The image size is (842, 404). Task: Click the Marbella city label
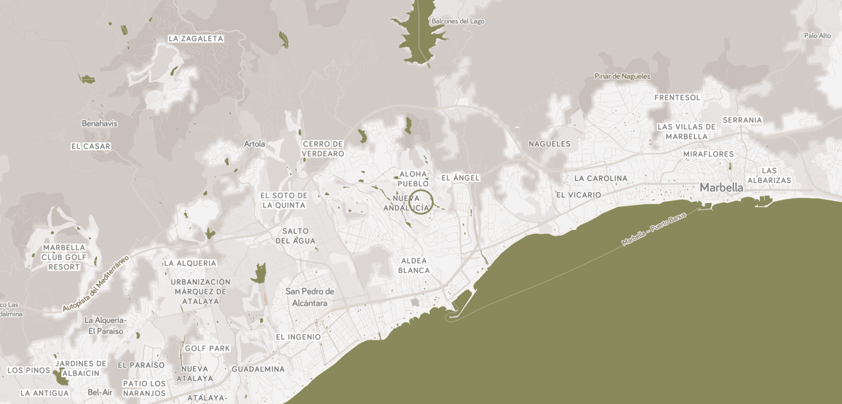(x=721, y=188)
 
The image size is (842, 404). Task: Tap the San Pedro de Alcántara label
(x=310, y=297)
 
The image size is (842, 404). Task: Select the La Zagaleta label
(x=195, y=39)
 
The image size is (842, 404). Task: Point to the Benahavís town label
(x=100, y=123)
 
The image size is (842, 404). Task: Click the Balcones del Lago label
(x=458, y=21)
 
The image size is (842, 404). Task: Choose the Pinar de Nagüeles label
(x=622, y=76)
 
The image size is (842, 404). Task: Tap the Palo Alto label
(x=817, y=35)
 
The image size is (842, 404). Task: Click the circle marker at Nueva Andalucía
(x=421, y=202)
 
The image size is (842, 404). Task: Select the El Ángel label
(x=460, y=177)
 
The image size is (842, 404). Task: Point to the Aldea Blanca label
(x=414, y=266)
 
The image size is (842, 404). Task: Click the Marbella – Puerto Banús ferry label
(x=654, y=229)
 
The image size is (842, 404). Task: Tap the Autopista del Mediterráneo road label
(x=96, y=283)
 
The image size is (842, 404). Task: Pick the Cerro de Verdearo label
(x=323, y=149)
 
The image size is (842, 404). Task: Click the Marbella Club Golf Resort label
(x=64, y=257)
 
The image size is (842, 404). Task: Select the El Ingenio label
(x=298, y=337)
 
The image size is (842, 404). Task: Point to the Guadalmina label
(x=258, y=369)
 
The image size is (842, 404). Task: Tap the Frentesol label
(x=677, y=98)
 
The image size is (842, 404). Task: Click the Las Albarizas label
(x=769, y=175)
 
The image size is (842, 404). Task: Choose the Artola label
(x=255, y=144)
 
